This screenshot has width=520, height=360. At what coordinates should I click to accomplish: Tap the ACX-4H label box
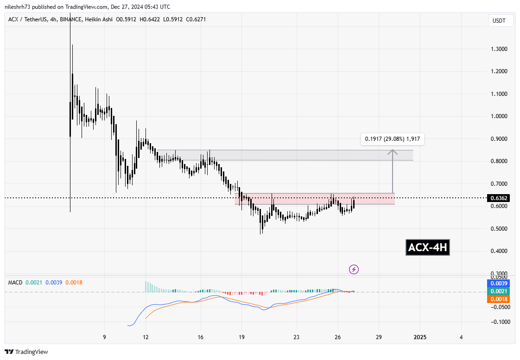(427, 248)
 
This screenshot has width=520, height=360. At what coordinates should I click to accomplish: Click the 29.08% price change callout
(392, 138)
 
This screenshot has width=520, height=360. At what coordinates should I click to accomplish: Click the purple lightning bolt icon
(354, 269)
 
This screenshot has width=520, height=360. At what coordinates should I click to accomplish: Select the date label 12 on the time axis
(146, 337)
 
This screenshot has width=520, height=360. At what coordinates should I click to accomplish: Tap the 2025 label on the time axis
(420, 337)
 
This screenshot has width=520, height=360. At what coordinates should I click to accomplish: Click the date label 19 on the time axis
(241, 337)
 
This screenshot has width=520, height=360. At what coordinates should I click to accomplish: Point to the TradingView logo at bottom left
(26, 352)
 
